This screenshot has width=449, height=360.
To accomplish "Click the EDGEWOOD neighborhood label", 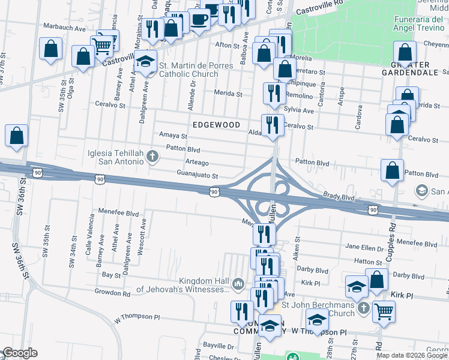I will point(216,125).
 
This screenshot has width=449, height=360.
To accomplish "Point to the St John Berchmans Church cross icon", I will point(363,308).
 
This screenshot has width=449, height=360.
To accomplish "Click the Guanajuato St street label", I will point(196,176).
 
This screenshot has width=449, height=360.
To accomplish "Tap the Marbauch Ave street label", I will point(65,28).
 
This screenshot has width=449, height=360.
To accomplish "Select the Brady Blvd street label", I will point(339,197).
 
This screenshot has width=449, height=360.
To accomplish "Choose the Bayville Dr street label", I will point(218,346).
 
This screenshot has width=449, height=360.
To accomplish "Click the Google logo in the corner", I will point(19,353).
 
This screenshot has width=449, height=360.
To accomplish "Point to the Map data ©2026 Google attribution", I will point(412,355).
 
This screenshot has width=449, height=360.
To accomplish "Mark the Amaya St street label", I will point(173,136).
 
